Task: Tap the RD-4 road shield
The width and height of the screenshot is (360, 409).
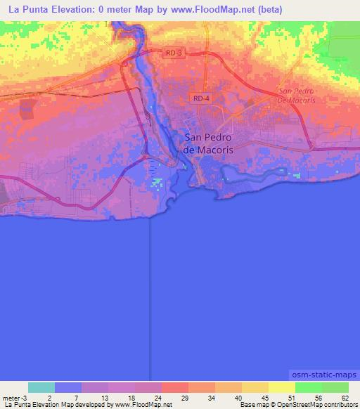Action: pos(201,99)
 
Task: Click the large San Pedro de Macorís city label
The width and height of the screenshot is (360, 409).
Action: pos(207,143)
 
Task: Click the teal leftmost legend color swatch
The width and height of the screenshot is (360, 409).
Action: pos(41,387)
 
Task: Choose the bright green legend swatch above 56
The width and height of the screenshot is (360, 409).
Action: pos(309,387)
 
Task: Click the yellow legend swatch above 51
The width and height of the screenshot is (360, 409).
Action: pos(282,387)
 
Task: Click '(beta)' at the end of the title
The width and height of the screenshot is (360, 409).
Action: pos(269,10)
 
